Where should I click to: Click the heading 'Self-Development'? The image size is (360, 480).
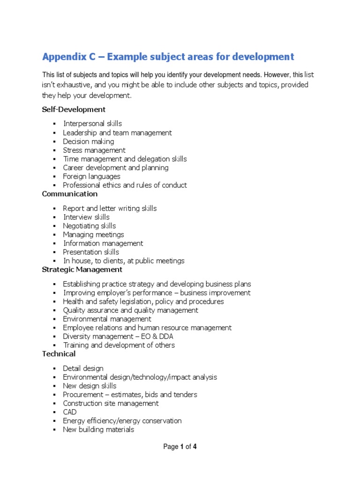pyautogui.click(x=74, y=109)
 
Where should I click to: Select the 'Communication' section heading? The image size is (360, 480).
pyautogui.click(x=70, y=194)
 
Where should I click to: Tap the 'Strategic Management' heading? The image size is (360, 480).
pyautogui.click(x=82, y=270)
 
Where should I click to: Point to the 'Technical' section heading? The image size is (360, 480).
pyautogui.click(x=59, y=354)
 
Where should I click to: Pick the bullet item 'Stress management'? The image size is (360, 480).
pyautogui.click(x=94, y=150)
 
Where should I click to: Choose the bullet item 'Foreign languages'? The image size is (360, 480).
pyautogui.click(x=91, y=177)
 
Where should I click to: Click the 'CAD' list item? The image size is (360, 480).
pyautogui.click(x=70, y=412)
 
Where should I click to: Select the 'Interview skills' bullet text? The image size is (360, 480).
pyautogui.click(x=86, y=217)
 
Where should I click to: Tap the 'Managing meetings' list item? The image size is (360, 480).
pyautogui.click(x=93, y=234)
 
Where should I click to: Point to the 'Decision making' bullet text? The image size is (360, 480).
pyautogui.click(x=89, y=142)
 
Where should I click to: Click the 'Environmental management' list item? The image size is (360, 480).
pyautogui.click(x=107, y=319)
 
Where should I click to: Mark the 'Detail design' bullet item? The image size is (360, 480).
pyautogui.click(x=83, y=368)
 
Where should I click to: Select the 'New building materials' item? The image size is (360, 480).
pyautogui.click(x=98, y=429)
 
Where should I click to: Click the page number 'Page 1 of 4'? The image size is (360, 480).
pyautogui.click(x=180, y=447)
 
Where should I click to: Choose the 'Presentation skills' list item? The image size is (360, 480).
pyautogui.click(x=91, y=252)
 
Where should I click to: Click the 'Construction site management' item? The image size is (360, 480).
pyautogui.click(x=111, y=403)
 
